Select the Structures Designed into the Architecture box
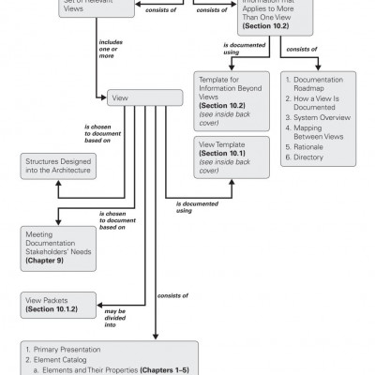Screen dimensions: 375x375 58,167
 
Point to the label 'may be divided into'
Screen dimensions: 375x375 116,316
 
